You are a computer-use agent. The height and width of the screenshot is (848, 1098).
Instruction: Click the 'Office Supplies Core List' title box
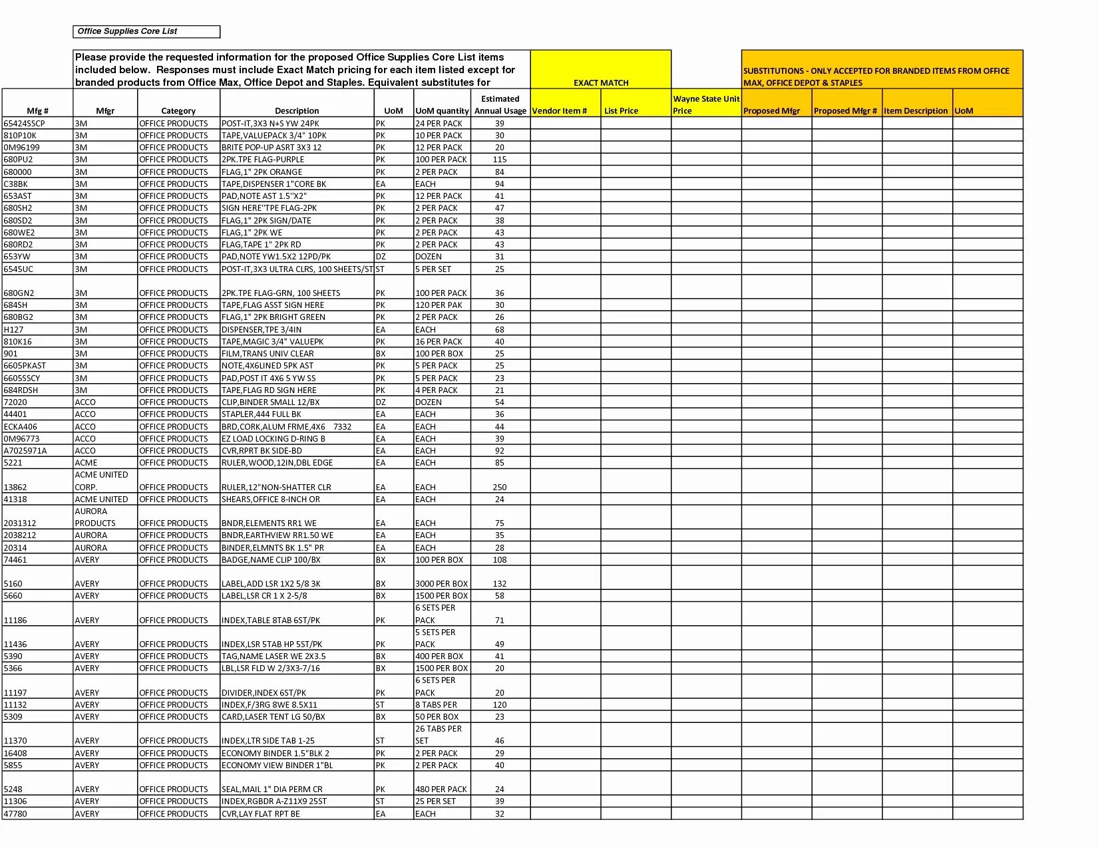tap(146, 31)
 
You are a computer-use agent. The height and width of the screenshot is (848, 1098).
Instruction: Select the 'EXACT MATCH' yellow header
tap(600, 82)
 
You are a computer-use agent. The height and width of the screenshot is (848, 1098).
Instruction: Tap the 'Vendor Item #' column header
tap(559, 110)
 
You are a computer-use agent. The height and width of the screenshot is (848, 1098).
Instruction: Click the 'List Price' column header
tap(621, 110)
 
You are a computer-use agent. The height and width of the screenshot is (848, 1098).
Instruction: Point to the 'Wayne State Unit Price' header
tap(705, 104)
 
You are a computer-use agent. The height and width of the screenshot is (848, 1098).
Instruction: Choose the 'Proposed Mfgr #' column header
tap(845, 110)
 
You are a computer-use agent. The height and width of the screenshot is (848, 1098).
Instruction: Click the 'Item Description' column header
tap(915, 110)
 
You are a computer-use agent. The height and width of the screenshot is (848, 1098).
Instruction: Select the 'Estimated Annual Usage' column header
tap(500, 104)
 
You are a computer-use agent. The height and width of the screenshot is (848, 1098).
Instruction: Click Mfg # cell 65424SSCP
tap(25, 123)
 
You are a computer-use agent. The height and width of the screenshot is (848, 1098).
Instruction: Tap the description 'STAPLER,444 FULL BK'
tap(262, 414)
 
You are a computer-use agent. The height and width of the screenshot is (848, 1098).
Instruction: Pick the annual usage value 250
tap(500, 487)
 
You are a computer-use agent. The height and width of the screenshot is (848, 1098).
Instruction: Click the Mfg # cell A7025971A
tap(25, 450)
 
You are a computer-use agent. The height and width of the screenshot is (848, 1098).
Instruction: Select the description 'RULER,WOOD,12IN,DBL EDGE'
tap(277, 462)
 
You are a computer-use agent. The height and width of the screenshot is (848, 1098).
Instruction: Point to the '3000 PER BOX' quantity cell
tap(441, 583)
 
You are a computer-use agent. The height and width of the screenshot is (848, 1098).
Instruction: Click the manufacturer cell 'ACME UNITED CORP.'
tap(101, 480)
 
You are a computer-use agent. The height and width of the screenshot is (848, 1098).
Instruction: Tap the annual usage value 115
tap(500, 159)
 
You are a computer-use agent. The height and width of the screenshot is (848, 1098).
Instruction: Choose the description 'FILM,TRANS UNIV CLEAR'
tap(268, 353)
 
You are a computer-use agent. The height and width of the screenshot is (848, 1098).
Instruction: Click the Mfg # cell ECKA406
tap(21, 426)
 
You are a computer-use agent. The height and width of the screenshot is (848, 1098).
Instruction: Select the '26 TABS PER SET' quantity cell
tap(438, 734)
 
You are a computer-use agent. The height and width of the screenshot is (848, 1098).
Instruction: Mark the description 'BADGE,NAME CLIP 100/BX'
tap(271, 559)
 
